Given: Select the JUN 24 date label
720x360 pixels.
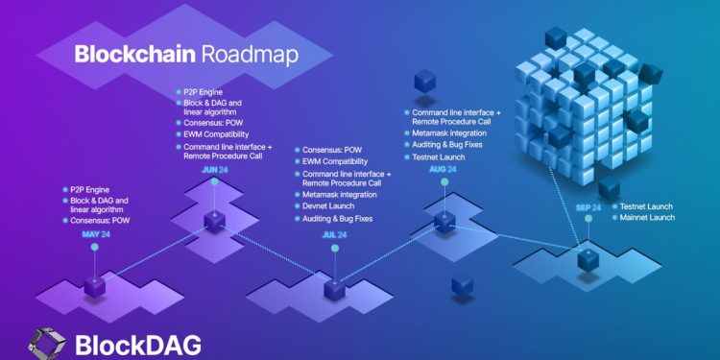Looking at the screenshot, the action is pos(215,170).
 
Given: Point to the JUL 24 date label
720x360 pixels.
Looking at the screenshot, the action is pos(334,234).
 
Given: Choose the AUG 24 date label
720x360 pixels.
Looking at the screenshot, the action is pos(443,169).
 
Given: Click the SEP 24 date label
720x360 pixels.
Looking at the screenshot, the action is pos(588,206).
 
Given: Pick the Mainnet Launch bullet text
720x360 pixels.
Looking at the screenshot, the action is pos(648,218).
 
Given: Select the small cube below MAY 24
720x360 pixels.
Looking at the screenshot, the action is pos(95,285).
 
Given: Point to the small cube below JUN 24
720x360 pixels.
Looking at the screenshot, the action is pos(215,224).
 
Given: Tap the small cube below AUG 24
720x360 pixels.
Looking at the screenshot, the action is pos(443,222).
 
